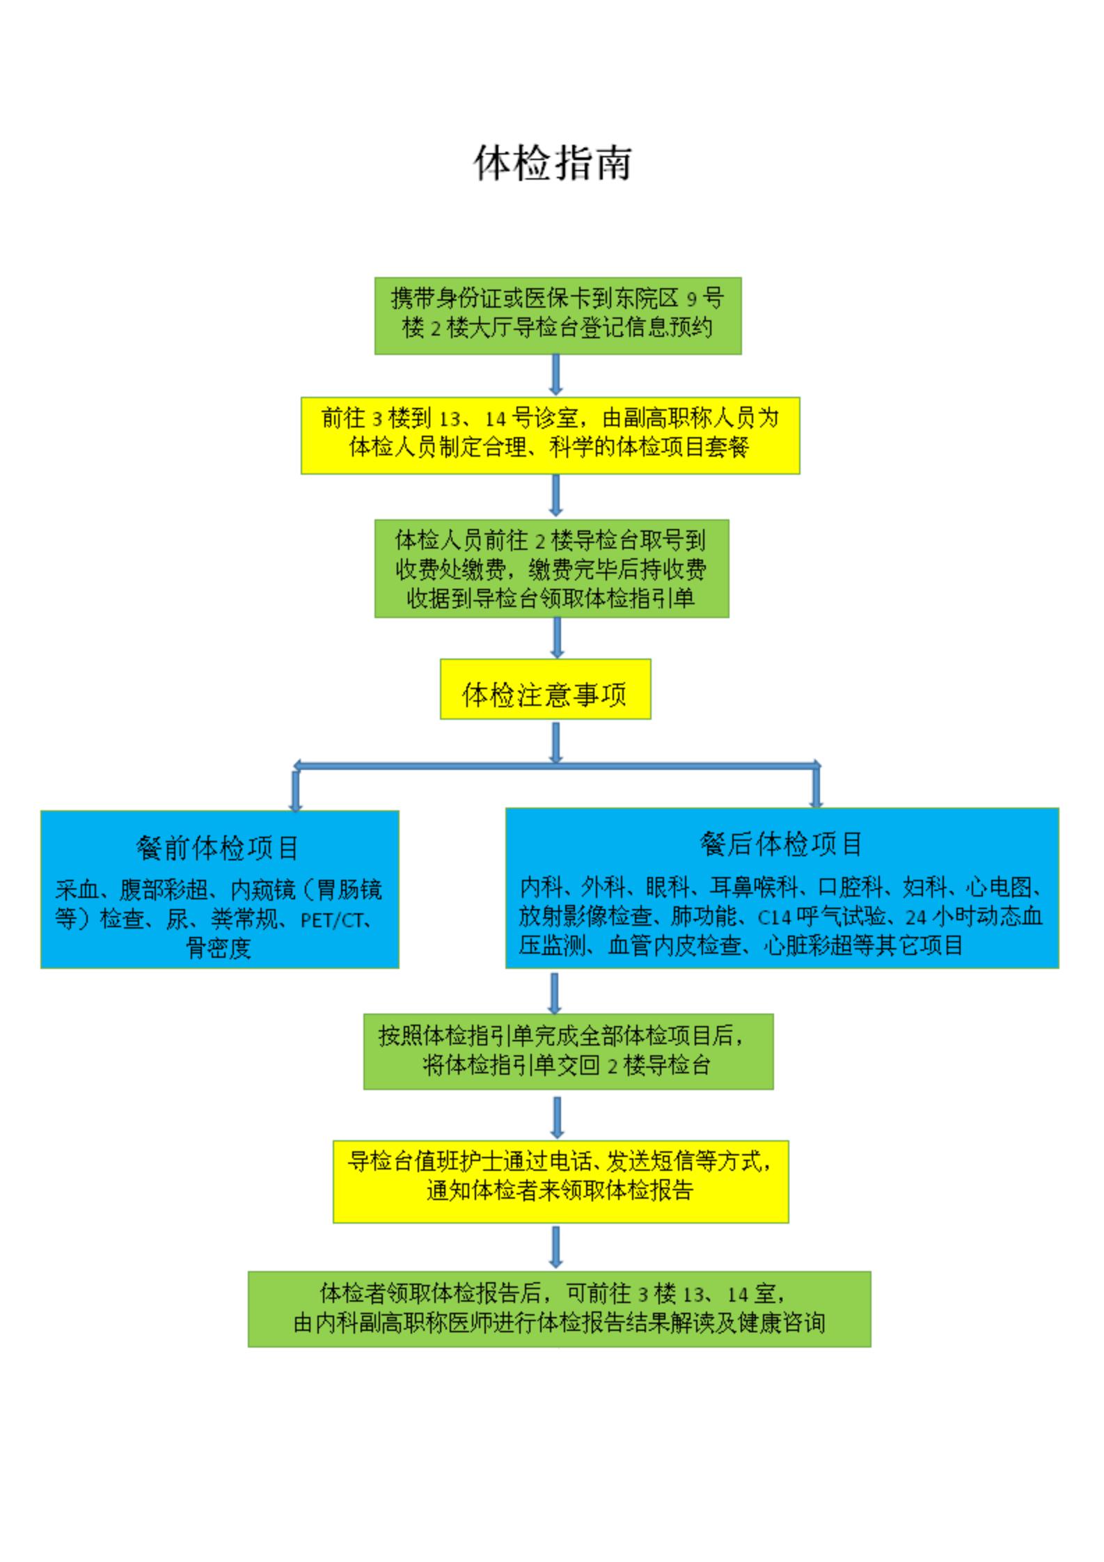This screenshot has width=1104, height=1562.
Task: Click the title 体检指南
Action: pyautogui.click(x=553, y=164)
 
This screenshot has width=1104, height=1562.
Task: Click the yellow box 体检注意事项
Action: pyautogui.click(x=545, y=688)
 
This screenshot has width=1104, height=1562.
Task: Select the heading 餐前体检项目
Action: pyautogui.click(x=218, y=848)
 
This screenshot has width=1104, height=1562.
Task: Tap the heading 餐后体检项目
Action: pyautogui.click(x=782, y=844)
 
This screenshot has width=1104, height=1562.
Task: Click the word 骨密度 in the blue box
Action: pyautogui.click(x=218, y=948)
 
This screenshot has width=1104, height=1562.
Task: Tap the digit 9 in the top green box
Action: pyautogui.click(x=692, y=299)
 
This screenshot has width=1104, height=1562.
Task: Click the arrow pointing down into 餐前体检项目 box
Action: pyautogui.click(x=296, y=789)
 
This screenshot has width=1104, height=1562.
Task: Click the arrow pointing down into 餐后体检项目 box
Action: pyautogui.click(x=817, y=787)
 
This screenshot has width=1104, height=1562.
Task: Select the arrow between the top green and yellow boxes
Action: pyautogui.click(x=555, y=375)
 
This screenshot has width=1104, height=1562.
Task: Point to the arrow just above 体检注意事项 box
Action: pyautogui.click(x=556, y=638)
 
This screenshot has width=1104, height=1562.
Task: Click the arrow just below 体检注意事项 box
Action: pyautogui.click(x=555, y=743)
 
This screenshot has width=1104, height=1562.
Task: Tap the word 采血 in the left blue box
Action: pyautogui.click(x=77, y=890)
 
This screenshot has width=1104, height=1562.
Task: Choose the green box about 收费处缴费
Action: pyautogui.click(x=552, y=568)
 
